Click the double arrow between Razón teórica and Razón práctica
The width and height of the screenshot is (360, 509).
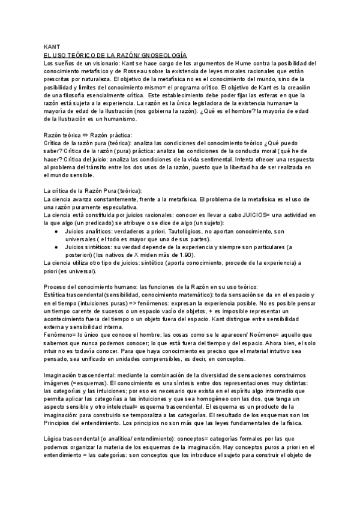(87, 136)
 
